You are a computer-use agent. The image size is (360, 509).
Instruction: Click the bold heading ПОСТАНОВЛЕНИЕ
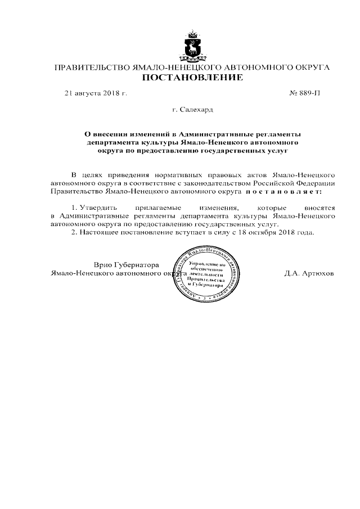[x=192, y=77]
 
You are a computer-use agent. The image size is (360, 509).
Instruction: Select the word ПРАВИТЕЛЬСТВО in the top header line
[x=91, y=67]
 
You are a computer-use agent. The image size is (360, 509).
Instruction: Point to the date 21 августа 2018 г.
[x=96, y=92]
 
